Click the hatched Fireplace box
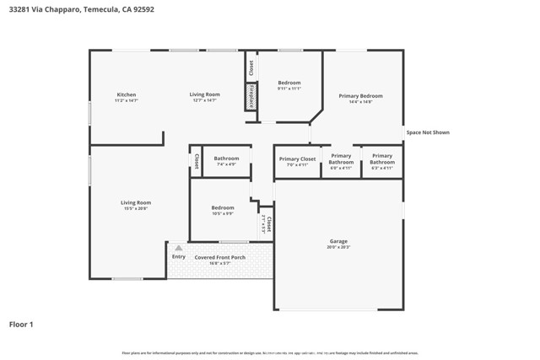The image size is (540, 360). [251, 97]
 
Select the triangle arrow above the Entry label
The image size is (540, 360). [178, 248]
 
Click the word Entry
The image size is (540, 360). [179, 256]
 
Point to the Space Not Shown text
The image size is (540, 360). [428, 132]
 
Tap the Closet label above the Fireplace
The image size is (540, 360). [251, 67]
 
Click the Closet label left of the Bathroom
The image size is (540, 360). [196, 160]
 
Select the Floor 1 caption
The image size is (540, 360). [21, 324]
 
